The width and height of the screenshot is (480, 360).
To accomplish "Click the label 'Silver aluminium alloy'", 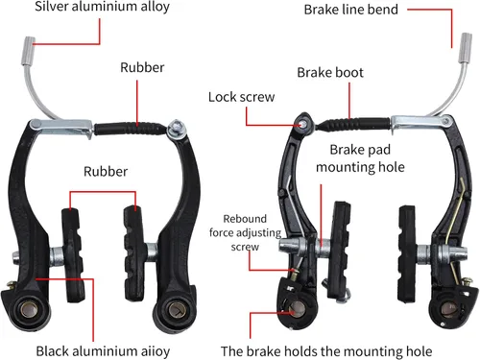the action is point(102,7).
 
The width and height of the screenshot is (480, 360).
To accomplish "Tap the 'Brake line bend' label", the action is point(351,10).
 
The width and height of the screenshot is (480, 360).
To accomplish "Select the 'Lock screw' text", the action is point(242,97).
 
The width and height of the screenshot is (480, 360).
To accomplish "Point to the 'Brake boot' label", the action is point(330,73).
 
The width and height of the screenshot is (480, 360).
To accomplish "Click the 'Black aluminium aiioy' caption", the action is point(103,351).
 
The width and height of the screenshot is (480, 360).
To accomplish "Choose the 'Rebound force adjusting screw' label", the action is point(245,232).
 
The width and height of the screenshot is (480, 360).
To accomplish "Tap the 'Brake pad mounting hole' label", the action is point(360,158).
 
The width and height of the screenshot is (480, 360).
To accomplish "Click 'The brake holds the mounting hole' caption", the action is point(326,351).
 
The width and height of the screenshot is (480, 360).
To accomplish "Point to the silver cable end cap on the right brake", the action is point(466,48).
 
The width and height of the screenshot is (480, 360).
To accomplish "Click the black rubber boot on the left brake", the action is point(131,129).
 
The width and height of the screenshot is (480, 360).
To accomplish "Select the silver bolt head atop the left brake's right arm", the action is point(177,127).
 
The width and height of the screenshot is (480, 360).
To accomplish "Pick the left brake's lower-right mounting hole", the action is point(175,309).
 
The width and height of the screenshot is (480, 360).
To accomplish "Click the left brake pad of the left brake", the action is point(73,255).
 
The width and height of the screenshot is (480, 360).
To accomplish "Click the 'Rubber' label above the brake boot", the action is point(142,67).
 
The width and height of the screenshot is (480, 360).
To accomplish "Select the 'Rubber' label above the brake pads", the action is point(106,172).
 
